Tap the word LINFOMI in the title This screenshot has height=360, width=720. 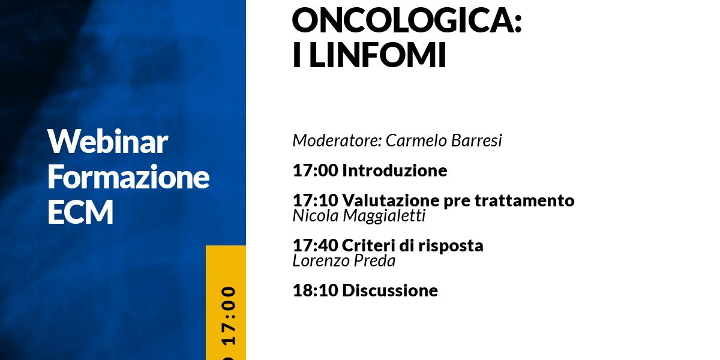[377, 55]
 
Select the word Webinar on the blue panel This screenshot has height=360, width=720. [107, 142]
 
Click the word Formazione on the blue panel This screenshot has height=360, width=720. [128, 176]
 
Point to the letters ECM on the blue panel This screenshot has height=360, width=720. [80, 211]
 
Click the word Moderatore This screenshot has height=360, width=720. [337, 140]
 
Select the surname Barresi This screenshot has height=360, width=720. [476, 140]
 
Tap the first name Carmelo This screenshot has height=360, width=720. [416, 140]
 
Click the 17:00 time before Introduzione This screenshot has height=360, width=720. [316, 170]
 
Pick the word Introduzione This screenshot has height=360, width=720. [394, 170]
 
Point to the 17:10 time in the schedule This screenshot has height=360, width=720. [316, 200]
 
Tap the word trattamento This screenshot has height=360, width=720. [524, 200]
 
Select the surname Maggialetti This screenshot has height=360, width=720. [385, 215]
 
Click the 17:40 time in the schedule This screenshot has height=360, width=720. [316, 245]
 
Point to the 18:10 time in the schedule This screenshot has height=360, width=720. [316, 290]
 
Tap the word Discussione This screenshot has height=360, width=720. [390, 290]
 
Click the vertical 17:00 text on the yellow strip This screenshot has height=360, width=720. [229, 316]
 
